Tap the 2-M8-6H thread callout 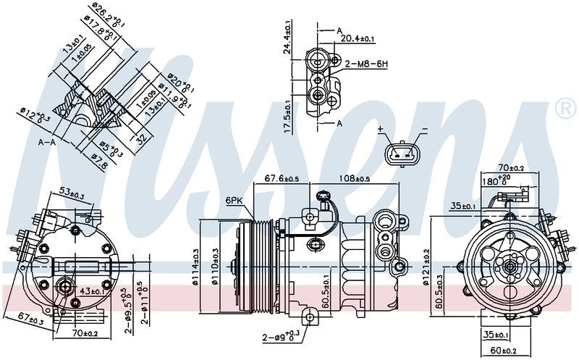click(367, 64)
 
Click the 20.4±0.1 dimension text click(358, 38)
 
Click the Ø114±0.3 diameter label click(196, 268)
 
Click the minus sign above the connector click(424, 130)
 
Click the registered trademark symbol click(565, 108)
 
